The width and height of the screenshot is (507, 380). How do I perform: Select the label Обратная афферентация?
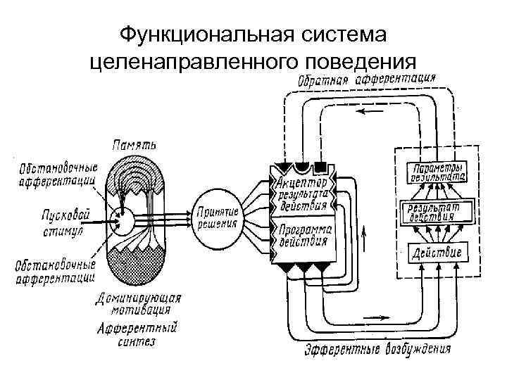click(366, 79)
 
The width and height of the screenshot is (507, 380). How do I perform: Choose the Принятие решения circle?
click(218, 218)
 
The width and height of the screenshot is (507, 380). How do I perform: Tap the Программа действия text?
click(303, 236)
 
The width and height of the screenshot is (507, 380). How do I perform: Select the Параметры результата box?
click(436, 173)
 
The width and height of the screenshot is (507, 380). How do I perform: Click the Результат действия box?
click(436, 212)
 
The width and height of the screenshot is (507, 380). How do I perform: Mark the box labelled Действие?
click(436, 252)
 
